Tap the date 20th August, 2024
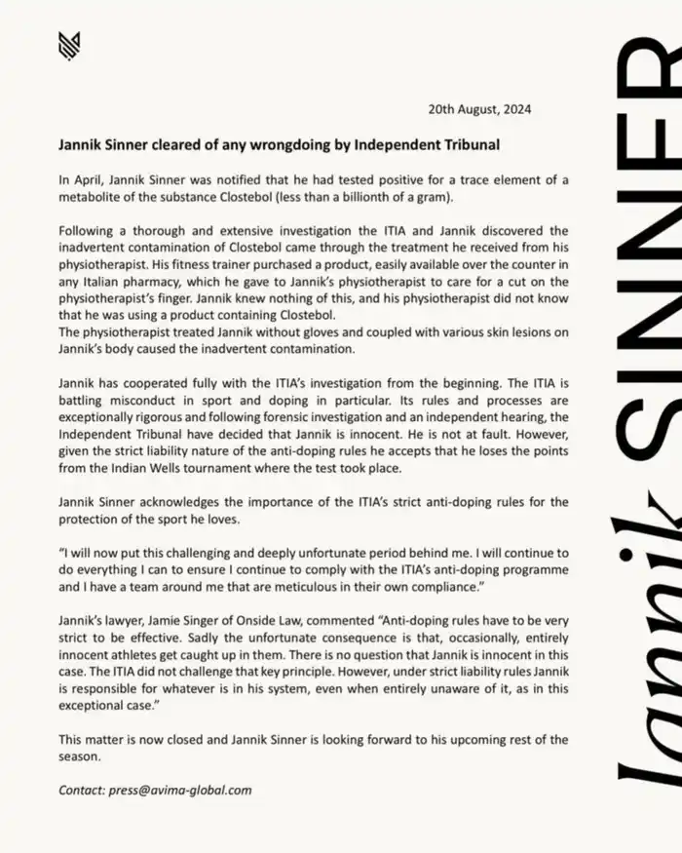[480, 109]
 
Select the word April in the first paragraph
[91, 180]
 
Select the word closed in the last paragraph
[170, 739]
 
